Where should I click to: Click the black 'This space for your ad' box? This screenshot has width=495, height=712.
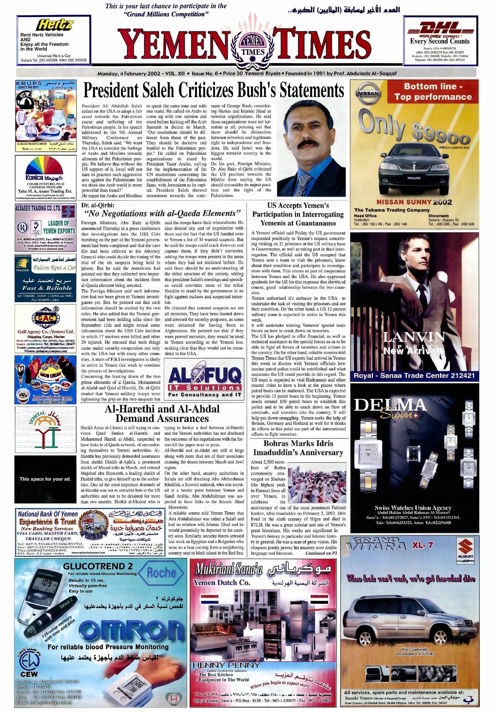pos(45,479)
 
